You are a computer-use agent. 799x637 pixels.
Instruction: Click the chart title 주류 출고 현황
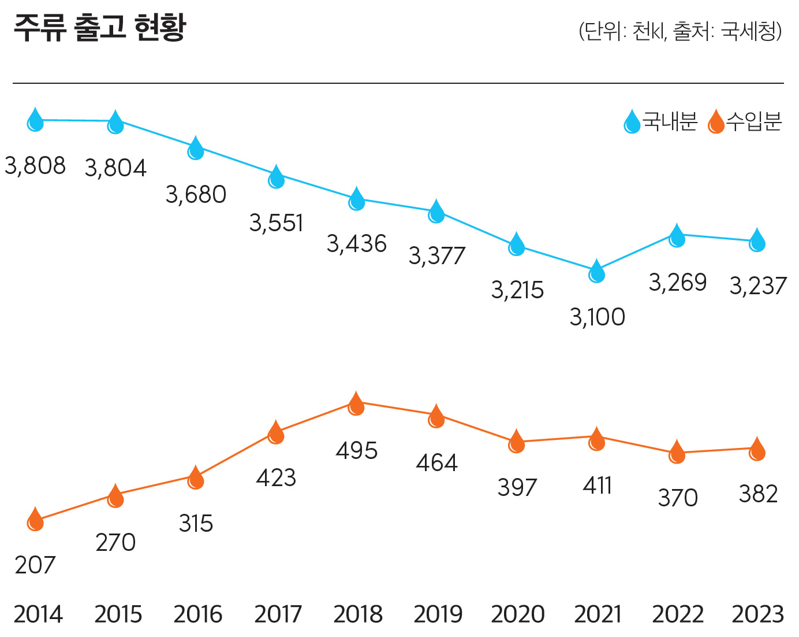[100, 28]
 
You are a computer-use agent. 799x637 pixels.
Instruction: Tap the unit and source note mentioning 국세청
[681, 31]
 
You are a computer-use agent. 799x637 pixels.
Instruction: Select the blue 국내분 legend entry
[660, 121]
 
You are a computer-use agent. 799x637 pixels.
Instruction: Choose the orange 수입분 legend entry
[745, 121]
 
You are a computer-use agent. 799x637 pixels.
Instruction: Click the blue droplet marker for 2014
[35, 120]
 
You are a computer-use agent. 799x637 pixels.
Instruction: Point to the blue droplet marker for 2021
[596, 271]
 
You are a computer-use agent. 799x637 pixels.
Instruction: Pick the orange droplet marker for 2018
[356, 403]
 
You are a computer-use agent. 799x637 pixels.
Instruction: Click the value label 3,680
[196, 194]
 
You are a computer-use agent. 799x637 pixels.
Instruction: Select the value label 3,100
[597, 317]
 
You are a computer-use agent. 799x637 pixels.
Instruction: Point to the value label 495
[356, 451]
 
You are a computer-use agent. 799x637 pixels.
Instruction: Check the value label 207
[35, 565]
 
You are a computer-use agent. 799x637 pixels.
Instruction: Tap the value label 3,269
[678, 283]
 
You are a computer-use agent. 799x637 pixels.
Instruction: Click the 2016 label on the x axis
[197, 614]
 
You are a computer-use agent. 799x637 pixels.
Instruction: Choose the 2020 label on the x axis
[518, 614]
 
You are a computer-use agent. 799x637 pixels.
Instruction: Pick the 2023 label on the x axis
[757, 614]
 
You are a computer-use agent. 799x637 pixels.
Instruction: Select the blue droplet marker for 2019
[436, 211]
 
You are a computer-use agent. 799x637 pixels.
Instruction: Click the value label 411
[597, 486]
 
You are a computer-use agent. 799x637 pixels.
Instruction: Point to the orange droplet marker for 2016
[196, 477]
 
